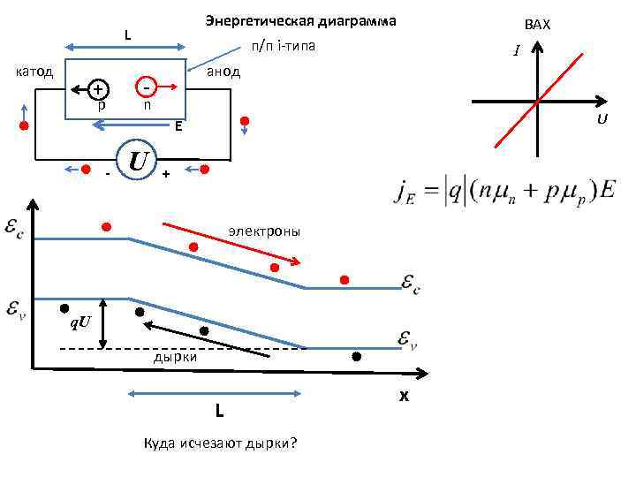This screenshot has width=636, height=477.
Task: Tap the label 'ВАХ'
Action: pos(536,25)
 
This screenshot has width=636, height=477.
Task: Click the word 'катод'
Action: pos(35,70)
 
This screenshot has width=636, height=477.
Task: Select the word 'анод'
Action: pos(223,71)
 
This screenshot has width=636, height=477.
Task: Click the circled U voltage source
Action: pos(136,161)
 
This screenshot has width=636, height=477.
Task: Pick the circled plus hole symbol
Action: pos(98,89)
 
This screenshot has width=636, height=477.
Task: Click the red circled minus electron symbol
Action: pos(147,87)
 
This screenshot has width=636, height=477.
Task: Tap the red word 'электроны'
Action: pos(264,231)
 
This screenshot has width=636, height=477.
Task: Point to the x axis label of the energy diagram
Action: pos(404,397)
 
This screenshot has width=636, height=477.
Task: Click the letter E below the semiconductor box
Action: pos(178,125)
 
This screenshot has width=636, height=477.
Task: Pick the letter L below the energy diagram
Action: pos(219,411)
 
